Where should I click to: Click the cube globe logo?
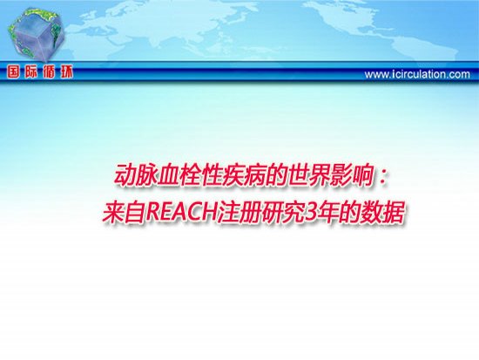click(x=37, y=34)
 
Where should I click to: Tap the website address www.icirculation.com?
click(x=417, y=74)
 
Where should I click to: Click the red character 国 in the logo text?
click(x=13, y=72)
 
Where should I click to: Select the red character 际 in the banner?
click(x=31, y=72)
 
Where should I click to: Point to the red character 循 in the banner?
click(x=49, y=72)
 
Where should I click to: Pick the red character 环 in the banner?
click(x=66, y=72)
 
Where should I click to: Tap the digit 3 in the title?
click(x=311, y=212)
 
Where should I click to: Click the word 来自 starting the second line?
click(x=124, y=212)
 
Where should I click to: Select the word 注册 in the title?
click(x=239, y=212)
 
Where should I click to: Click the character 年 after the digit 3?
click(x=328, y=212)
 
